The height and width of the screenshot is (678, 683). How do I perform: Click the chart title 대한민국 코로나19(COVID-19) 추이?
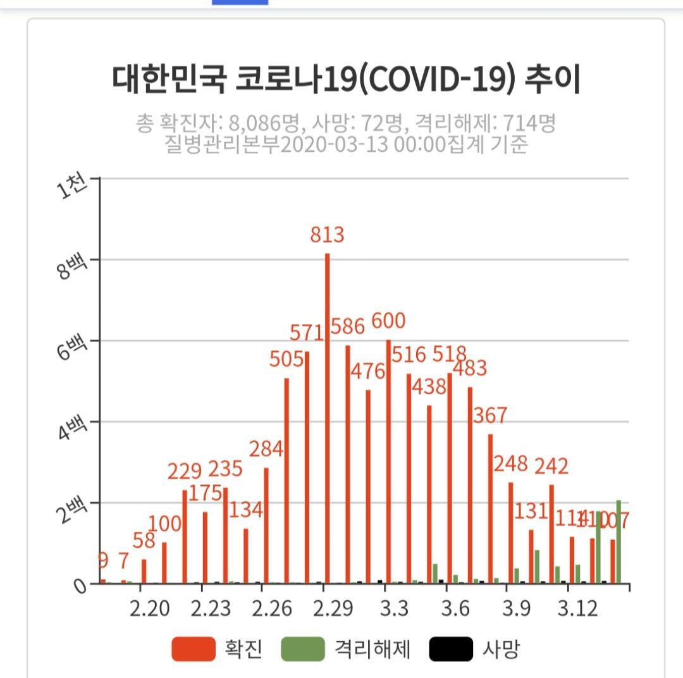tap(347, 79)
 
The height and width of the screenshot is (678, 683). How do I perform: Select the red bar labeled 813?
tap(327, 417)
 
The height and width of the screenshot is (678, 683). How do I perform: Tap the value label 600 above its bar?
tap(388, 321)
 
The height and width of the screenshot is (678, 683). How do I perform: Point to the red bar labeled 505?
tap(286, 481)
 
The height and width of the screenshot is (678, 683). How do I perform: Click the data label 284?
tap(266, 450)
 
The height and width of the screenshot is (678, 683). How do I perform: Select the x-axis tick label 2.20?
tap(150, 608)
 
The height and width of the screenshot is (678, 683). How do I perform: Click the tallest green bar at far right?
tap(618, 542)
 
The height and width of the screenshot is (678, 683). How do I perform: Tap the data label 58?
tap(149, 541)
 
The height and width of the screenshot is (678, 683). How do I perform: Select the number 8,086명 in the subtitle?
tap(259, 123)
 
